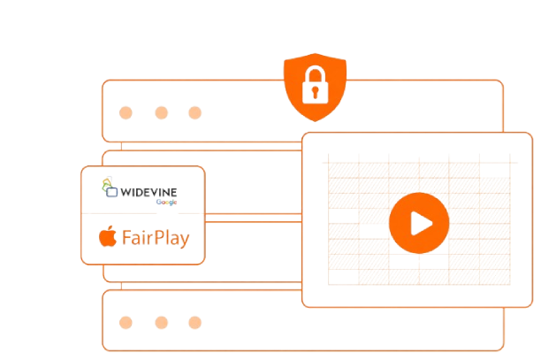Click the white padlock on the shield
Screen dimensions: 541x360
(315, 85)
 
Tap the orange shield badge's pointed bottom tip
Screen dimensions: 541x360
(315, 121)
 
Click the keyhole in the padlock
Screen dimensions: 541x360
(315, 92)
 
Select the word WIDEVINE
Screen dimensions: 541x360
(149, 192)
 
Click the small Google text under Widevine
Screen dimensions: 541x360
(167, 202)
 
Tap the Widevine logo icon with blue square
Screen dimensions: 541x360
(110, 187)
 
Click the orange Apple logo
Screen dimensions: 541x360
(108, 236)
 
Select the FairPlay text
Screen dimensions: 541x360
(156, 238)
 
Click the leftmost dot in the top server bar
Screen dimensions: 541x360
(126, 113)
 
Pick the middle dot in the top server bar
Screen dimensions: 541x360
(162, 113)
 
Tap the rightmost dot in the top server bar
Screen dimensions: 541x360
(195, 113)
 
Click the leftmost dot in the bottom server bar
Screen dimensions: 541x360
(126, 323)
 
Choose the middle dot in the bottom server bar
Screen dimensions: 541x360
(162, 323)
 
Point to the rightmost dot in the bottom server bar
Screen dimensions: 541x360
(195, 323)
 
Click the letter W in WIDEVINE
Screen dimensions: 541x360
(126, 192)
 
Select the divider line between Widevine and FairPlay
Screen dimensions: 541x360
(143, 214)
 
